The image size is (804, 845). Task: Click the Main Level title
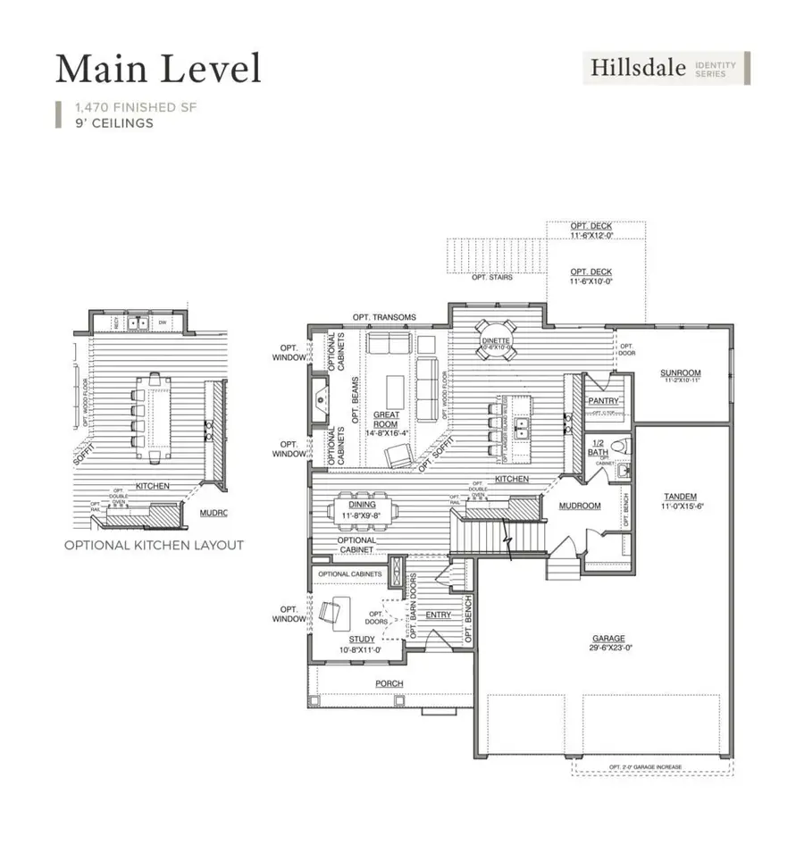(x=158, y=69)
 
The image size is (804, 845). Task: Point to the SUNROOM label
(x=680, y=372)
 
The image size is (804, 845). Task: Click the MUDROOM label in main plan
(x=580, y=506)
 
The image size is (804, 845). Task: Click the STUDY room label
(x=362, y=640)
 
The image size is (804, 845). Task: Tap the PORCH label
(x=389, y=683)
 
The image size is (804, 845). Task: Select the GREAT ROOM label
(x=386, y=420)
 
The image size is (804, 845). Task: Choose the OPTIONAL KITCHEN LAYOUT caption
(x=153, y=545)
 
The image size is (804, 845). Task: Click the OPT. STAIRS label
(x=492, y=277)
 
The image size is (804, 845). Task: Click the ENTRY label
(x=438, y=615)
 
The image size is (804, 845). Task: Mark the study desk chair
(x=328, y=613)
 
